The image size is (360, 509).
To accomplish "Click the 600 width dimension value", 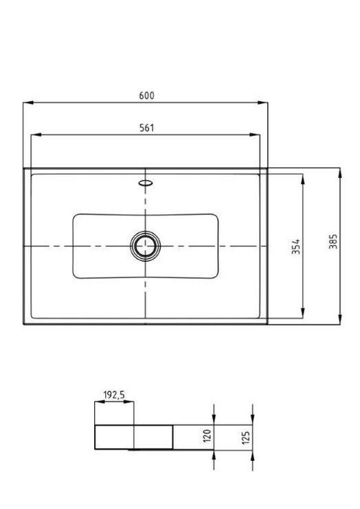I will pyautogui.click(x=146, y=96).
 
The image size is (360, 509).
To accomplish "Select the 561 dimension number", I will pyautogui.click(x=146, y=128).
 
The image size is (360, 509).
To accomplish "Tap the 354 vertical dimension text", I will pyautogui.click(x=296, y=247).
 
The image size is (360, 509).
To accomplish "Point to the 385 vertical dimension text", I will pyautogui.click(x=333, y=242).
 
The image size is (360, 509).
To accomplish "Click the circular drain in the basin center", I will pyautogui.click(x=146, y=245).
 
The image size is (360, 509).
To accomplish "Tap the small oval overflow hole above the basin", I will pyautogui.click(x=146, y=183).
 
